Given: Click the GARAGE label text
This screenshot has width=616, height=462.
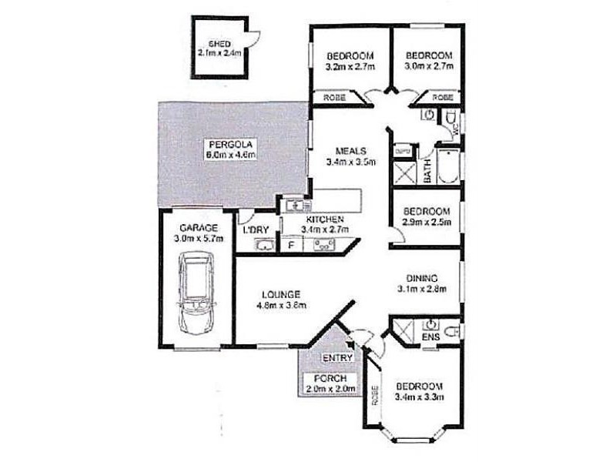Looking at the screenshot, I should (x=199, y=229).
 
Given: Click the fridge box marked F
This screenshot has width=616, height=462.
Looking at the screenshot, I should (x=291, y=246).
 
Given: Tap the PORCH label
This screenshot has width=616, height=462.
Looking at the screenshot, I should (x=326, y=379).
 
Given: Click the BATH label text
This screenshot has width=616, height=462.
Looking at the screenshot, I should (x=427, y=169).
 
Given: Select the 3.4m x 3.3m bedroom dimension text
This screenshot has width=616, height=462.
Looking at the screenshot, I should (x=420, y=397).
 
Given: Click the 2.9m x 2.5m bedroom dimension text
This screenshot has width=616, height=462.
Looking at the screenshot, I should (x=426, y=223).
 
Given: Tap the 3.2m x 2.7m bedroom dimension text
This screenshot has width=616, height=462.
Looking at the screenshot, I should (x=350, y=67).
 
